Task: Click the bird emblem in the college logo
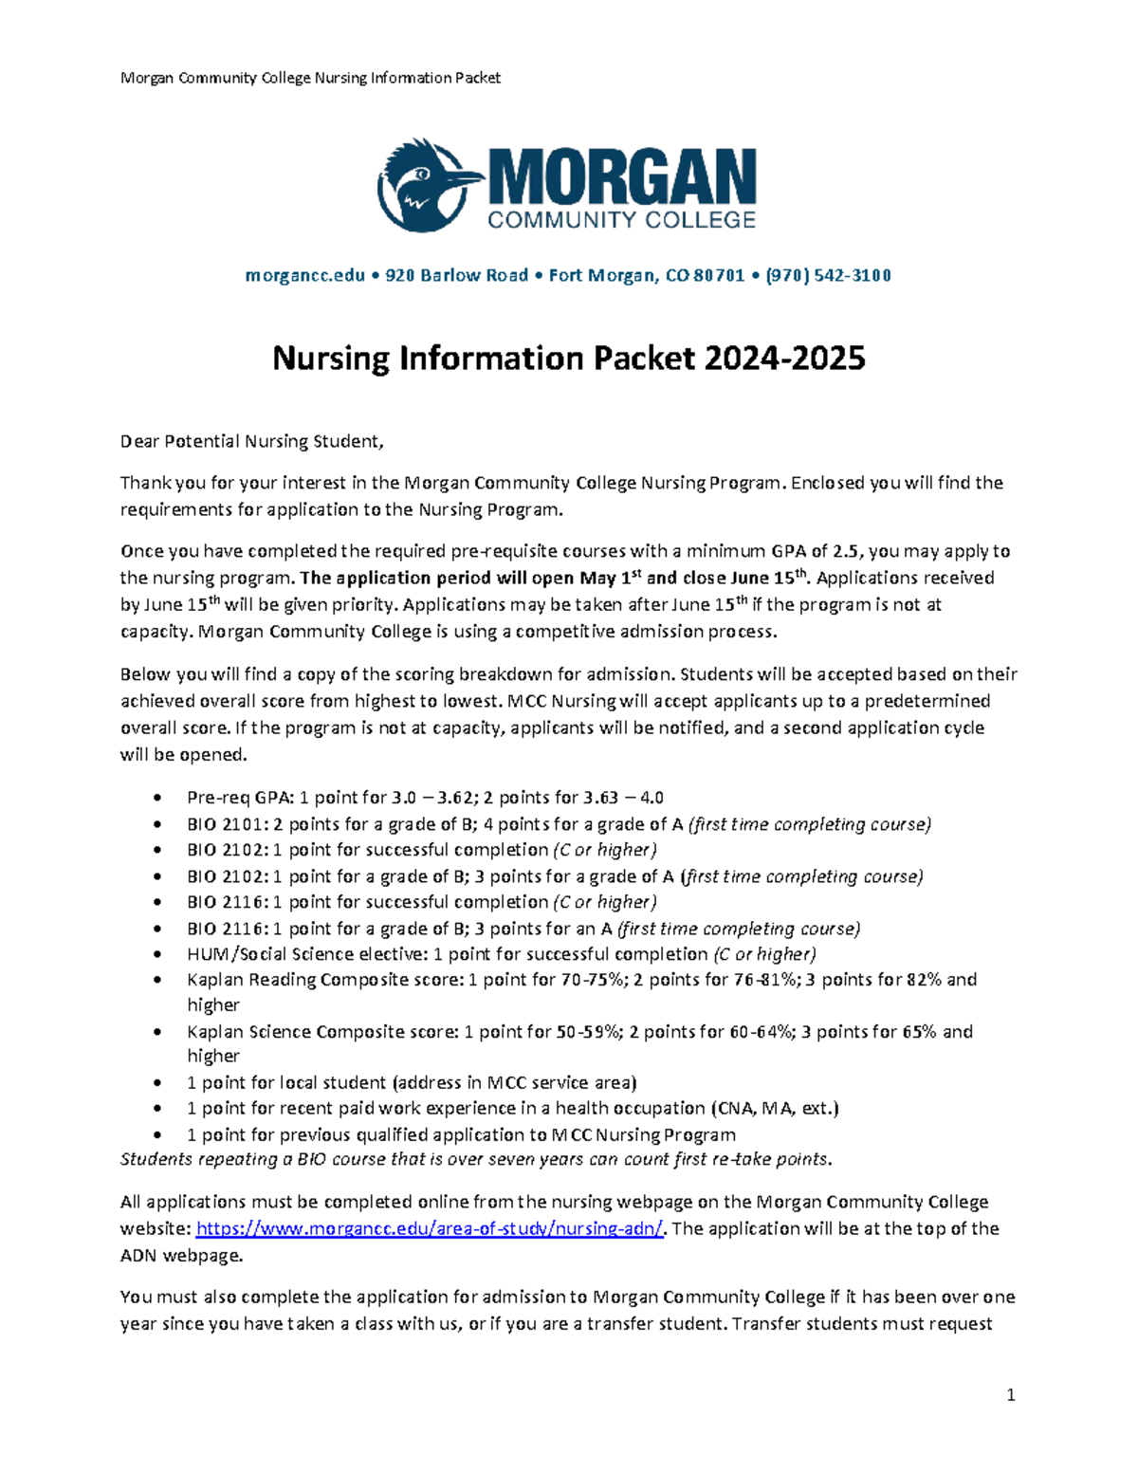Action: pos(423,186)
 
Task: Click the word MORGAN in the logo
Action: pos(622,177)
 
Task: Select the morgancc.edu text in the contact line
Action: pos(304,275)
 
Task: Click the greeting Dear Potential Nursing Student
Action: pos(252,441)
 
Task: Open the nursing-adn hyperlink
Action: pos(430,1228)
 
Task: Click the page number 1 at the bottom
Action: pos(1011,1394)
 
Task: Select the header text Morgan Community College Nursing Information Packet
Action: pos(310,78)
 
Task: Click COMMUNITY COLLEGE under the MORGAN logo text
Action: pos(621,220)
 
